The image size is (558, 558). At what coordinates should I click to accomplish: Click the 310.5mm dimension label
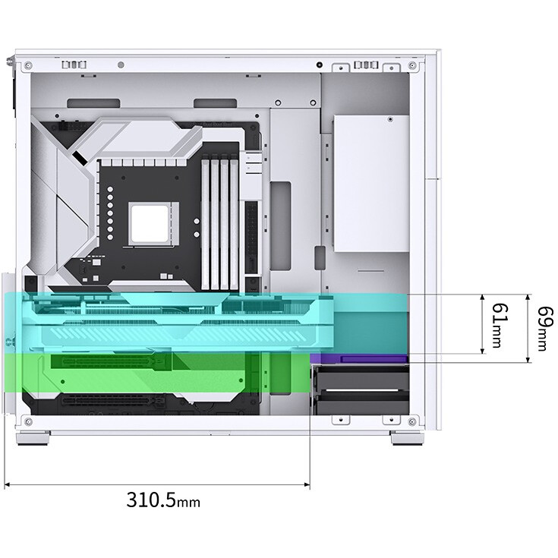tap(163, 500)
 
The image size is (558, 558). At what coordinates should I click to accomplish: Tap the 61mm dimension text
tap(500, 325)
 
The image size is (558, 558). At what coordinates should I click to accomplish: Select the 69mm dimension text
tap(545, 329)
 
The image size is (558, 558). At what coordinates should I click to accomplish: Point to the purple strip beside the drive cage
tap(359, 358)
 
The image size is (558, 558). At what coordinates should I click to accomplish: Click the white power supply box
tap(371, 184)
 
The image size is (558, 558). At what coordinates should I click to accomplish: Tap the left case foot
tap(33, 438)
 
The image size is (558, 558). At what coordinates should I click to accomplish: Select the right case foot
tap(407, 438)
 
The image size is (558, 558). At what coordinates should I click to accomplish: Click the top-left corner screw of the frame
tap(28, 66)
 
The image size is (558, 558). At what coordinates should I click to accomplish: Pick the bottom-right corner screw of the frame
tap(412, 422)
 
